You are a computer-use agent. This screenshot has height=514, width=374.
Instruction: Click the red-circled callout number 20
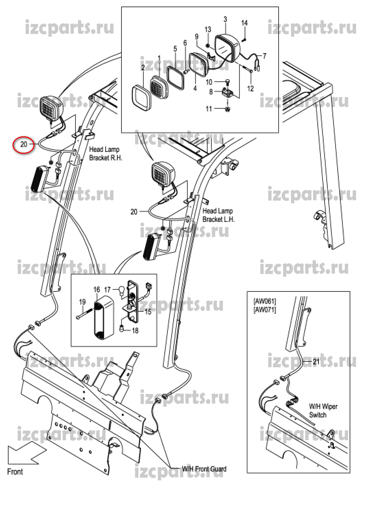point(24,144)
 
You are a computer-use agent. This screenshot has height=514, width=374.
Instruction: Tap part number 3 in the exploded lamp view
point(225,19)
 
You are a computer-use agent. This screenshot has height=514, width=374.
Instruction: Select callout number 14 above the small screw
point(244,23)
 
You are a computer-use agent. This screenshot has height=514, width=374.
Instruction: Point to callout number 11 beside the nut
point(209,109)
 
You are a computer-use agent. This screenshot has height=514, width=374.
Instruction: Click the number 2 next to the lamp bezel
point(143,68)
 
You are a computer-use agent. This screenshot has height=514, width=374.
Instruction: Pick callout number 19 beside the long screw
point(82,302)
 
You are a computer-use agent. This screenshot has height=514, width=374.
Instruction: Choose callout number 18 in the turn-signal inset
point(135,331)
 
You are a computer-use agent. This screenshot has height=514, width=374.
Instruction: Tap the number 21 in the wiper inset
point(316,362)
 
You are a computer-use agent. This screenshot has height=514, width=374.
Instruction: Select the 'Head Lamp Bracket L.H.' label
point(218,215)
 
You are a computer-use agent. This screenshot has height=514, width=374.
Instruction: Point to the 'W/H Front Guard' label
point(204,469)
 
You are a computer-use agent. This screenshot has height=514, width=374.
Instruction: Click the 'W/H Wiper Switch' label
point(323,410)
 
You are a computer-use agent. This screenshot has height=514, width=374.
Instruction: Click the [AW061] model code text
point(264,301)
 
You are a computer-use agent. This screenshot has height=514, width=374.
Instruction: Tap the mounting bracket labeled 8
point(227,93)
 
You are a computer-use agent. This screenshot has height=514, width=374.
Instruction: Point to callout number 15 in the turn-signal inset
point(148,312)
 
